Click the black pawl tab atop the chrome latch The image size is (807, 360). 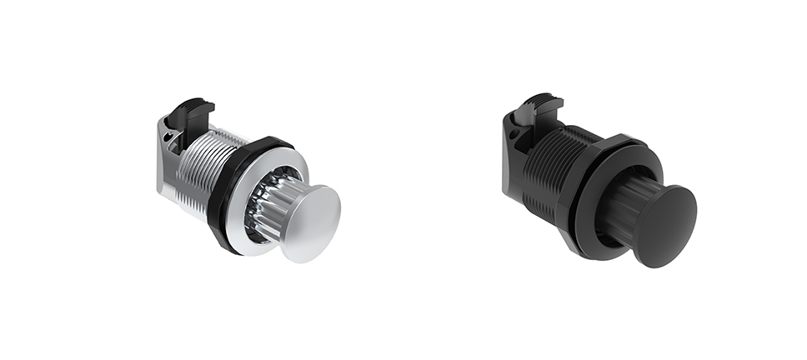point(197,112)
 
